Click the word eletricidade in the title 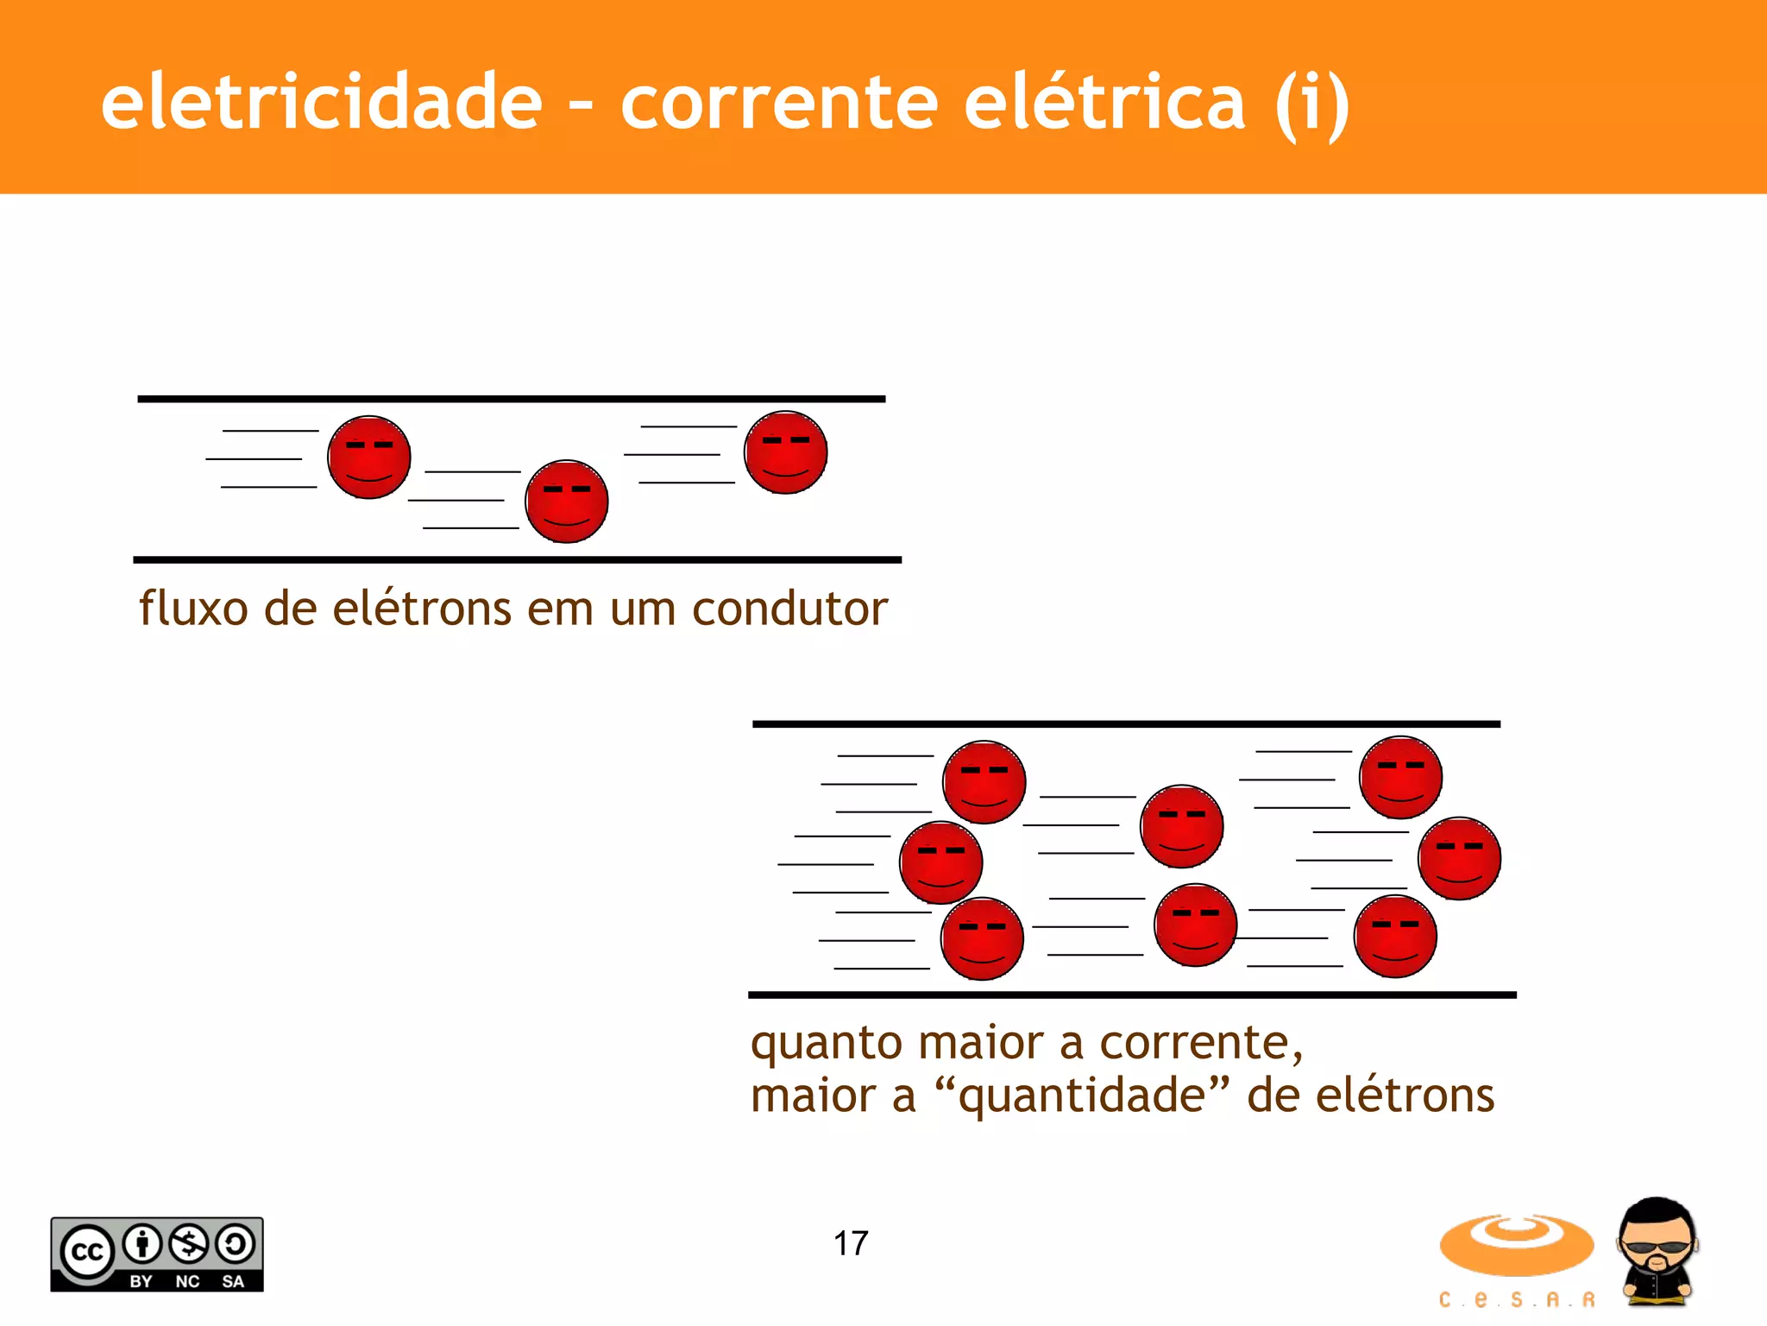point(321,102)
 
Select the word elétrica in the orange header point(1104,102)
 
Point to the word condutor point(789,609)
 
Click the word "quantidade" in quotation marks point(1082,1096)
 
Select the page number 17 point(851,1243)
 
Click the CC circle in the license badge point(86,1251)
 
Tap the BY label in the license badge point(141,1281)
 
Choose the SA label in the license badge point(233,1281)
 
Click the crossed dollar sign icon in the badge point(189,1244)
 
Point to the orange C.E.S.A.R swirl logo point(1516,1245)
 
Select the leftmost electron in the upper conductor point(369,457)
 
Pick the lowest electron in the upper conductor point(567,502)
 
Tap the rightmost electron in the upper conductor point(786,452)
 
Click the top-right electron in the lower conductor point(1400,777)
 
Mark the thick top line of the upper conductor point(512,399)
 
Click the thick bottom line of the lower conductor point(1132,994)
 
